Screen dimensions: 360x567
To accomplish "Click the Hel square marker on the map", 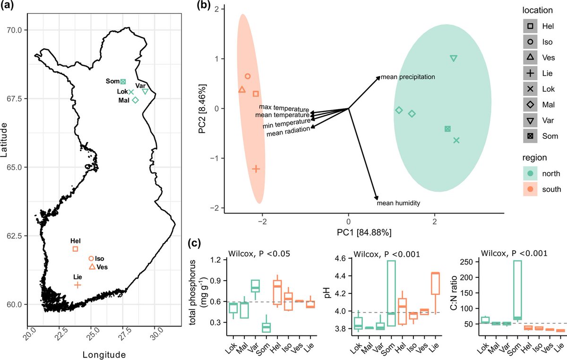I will (x=76, y=249).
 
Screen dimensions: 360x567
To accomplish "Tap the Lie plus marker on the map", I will (x=77, y=285).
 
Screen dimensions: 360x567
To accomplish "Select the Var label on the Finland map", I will (x=140, y=86).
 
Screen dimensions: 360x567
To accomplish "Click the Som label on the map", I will (x=112, y=82).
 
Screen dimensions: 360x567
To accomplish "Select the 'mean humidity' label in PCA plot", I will (x=398, y=203).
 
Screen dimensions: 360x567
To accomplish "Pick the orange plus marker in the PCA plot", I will (x=256, y=169).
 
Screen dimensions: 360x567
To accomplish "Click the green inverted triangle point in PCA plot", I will (x=454, y=58).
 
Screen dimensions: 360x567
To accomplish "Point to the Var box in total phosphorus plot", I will (x=255, y=286).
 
